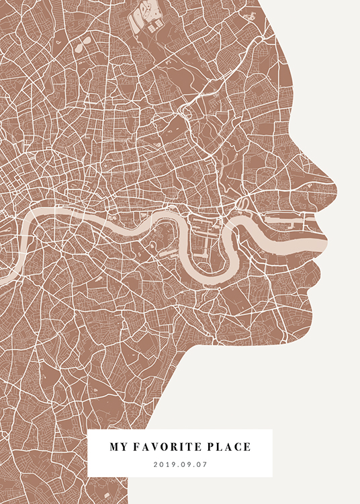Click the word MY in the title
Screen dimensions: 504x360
[x=118, y=447]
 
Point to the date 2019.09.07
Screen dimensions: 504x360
[x=180, y=464]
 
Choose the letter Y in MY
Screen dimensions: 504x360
[x=122, y=447]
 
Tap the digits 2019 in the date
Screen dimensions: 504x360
[x=164, y=464]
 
